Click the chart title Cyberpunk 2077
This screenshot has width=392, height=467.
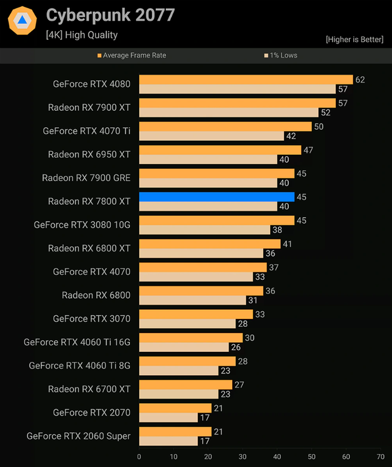click(110, 15)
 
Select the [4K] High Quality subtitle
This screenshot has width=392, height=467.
click(81, 35)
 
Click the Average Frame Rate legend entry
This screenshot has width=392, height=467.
click(132, 55)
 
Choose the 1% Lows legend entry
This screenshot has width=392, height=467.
click(281, 55)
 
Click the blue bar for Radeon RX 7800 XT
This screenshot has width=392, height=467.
click(217, 197)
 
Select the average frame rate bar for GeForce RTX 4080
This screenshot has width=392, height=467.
click(246, 80)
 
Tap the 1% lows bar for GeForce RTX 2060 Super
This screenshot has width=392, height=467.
click(168, 441)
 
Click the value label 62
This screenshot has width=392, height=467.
click(360, 80)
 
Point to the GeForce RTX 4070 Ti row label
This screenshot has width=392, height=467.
click(86, 131)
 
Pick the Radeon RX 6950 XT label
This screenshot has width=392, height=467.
click(89, 154)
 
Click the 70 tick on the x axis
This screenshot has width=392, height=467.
click(380, 457)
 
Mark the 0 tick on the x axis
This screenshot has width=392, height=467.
click(139, 457)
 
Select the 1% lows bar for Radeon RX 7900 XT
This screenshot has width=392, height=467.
click(228, 113)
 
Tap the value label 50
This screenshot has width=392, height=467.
click(318, 127)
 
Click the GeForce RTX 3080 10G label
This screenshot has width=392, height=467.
click(82, 225)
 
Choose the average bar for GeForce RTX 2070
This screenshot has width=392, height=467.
click(175, 408)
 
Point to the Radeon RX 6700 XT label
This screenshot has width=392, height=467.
click(89, 389)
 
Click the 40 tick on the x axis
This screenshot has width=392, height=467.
click(277, 457)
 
